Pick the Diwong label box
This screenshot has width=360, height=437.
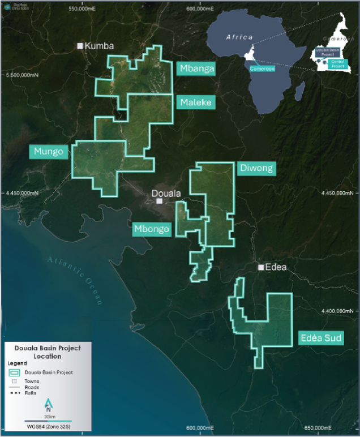[256, 168]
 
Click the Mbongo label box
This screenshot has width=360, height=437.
[151, 229]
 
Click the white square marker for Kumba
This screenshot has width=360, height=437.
[80, 46]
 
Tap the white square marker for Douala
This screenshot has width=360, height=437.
[160, 201]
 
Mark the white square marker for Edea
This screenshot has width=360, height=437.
[261, 267]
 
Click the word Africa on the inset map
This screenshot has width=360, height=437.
[238, 37]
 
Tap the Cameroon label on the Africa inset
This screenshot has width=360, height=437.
[262, 68]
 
